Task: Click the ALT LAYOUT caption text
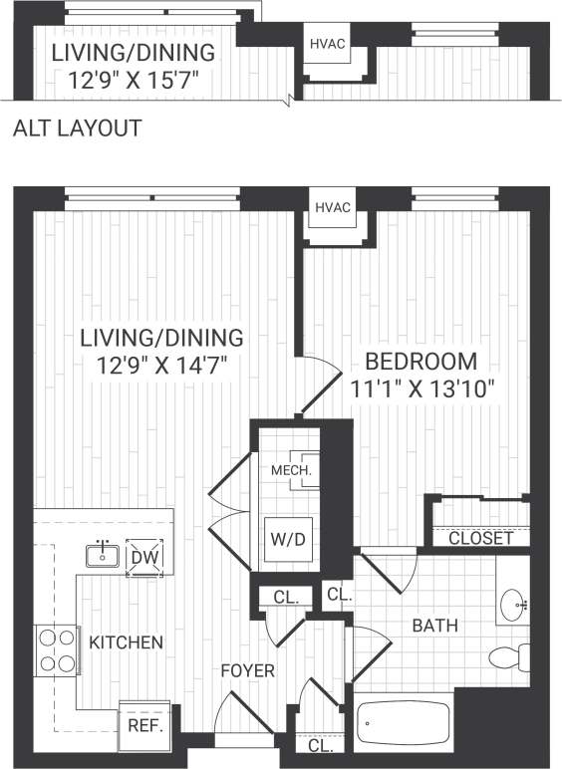[x=78, y=128]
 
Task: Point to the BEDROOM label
[x=420, y=361]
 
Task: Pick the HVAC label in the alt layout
[x=327, y=44]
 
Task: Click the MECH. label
[x=291, y=469]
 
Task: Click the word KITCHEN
[x=126, y=642]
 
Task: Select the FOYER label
[x=246, y=671]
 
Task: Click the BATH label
[x=435, y=626]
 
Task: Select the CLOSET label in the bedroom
[x=480, y=538]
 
